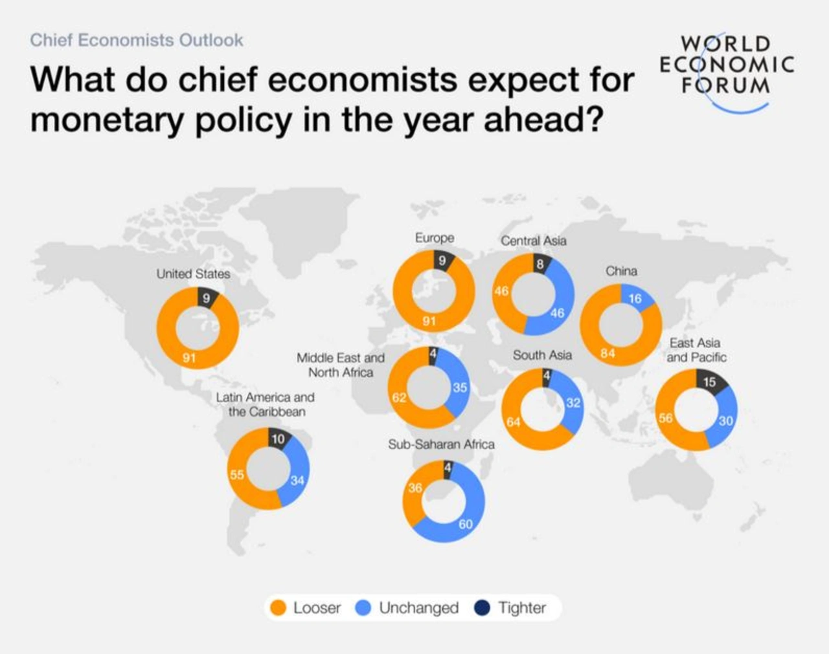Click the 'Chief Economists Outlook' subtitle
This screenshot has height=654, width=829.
[137, 40]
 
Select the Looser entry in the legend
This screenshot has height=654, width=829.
[305, 608]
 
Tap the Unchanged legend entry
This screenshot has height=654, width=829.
[407, 608]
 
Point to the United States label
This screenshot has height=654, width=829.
[193, 274]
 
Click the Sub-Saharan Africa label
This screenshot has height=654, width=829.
[441, 444]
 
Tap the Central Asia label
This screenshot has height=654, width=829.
[533, 241]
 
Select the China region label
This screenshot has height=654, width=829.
[621, 271]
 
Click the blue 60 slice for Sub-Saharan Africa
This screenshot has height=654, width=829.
[466, 524]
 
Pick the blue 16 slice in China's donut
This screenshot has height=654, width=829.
[635, 298]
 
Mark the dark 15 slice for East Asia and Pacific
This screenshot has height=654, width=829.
[710, 382]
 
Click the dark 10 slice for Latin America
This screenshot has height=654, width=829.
[278, 439]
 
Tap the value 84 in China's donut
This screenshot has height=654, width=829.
[608, 353]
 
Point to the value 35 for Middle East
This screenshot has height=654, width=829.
[460, 387]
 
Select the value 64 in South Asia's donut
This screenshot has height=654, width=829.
[514, 422]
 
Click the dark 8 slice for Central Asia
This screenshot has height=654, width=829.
[539, 263]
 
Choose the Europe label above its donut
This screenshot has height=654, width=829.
[435, 238]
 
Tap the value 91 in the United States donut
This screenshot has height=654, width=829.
[188, 358]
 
